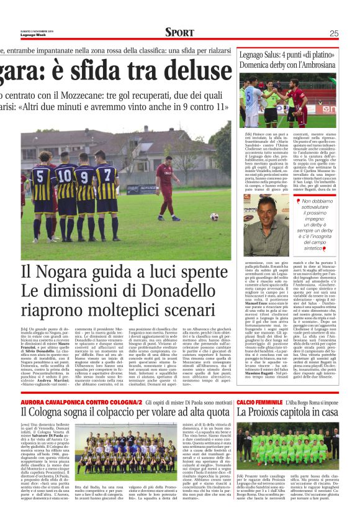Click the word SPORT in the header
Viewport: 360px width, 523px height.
[x=179, y=32]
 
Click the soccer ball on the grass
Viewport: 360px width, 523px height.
[x=214, y=217]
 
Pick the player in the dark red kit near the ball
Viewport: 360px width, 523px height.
[x=166, y=189]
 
